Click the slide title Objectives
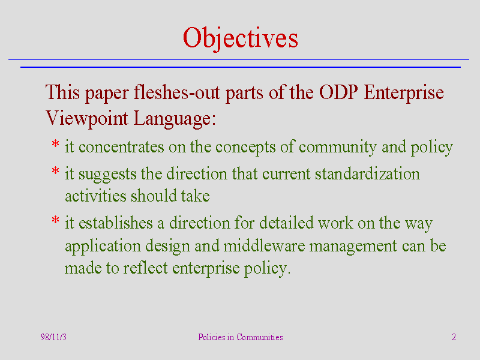point(241,38)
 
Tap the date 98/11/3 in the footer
point(53,337)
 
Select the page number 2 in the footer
point(454,337)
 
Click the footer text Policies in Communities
point(241,337)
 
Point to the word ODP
point(338,92)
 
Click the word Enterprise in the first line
point(404,93)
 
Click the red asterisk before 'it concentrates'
point(55,143)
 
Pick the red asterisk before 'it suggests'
point(55,170)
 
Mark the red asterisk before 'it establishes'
point(55,220)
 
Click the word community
point(338,148)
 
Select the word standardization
point(367,173)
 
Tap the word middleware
point(264,245)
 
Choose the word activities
point(95,196)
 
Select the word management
point(353,247)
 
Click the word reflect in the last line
point(146,268)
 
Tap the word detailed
point(287,222)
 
